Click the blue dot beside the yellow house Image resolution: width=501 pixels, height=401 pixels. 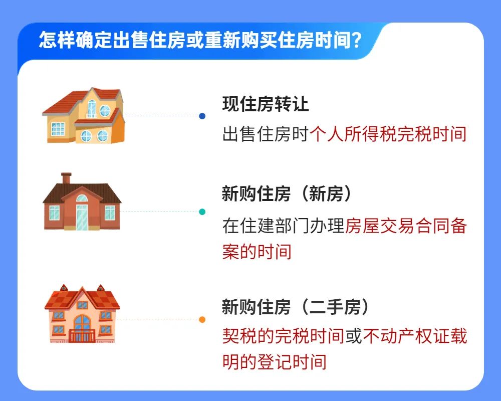pyautogui.click(x=202, y=116)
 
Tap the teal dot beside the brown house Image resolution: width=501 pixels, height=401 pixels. pyautogui.click(x=202, y=212)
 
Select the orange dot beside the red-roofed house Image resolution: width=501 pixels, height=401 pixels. pyautogui.click(x=202, y=319)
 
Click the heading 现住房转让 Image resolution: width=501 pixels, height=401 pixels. pyautogui.click(x=266, y=104)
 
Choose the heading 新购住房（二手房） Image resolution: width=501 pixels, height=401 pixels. pyautogui.click(x=296, y=307)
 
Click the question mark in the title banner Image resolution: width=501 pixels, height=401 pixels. pyautogui.click(x=356, y=41)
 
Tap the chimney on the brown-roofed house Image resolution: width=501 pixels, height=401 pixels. pyautogui.click(x=66, y=178)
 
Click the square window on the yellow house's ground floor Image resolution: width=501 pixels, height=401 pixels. pyautogui.click(x=58, y=129)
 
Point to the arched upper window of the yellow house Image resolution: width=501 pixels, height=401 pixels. pyautogui.click(x=92, y=109)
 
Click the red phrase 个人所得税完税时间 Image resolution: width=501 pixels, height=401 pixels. pyautogui.click(x=388, y=134)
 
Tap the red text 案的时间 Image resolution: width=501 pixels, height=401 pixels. pyautogui.click(x=257, y=252)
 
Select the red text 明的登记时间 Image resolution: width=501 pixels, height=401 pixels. pyautogui.click(x=275, y=362)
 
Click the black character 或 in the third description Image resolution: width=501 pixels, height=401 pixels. pyautogui.click(x=353, y=336)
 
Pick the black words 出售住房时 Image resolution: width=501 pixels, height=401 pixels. pyautogui.click(x=266, y=134)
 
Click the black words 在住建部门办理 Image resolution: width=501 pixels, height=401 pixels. pyautogui.click(x=283, y=226)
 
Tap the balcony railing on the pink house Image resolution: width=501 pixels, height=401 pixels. pyautogui.click(x=82, y=336)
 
